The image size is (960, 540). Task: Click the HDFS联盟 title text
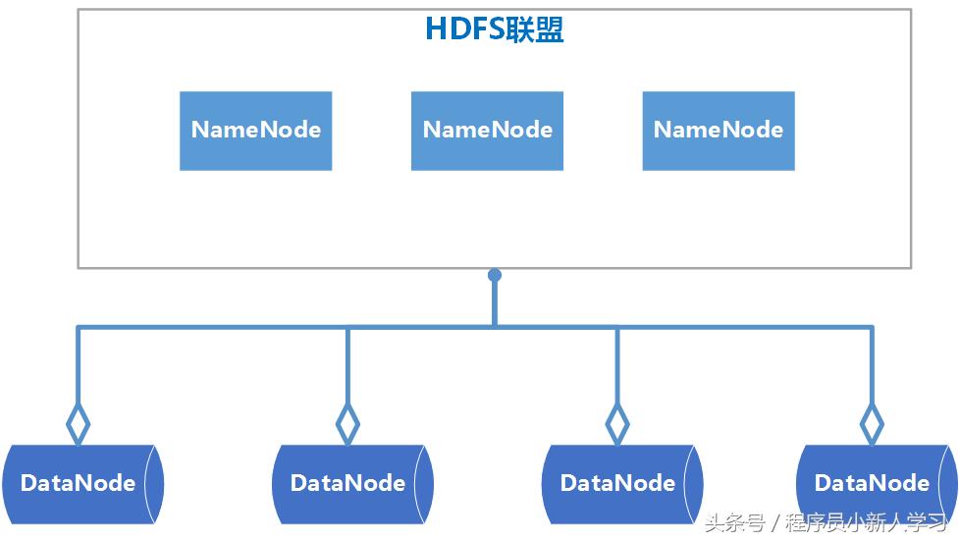tap(494, 30)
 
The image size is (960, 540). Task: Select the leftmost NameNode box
tap(255, 131)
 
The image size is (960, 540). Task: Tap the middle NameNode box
tap(487, 131)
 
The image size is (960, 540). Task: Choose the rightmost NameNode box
tap(719, 131)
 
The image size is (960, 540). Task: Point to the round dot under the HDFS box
tap(495, 276)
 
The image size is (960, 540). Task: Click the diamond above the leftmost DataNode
tap(78, 424)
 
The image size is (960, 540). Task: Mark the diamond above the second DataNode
tap(347, 424)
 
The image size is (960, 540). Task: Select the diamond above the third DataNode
tap(616, 424)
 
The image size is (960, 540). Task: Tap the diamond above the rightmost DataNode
tap(871, 424)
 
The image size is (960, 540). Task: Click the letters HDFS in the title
tap(463, 30)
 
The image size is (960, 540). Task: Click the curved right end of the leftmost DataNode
tap(154, 483)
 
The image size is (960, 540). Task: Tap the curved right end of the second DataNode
tap(424, 483)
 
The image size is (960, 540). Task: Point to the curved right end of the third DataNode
tap(694, 483)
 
